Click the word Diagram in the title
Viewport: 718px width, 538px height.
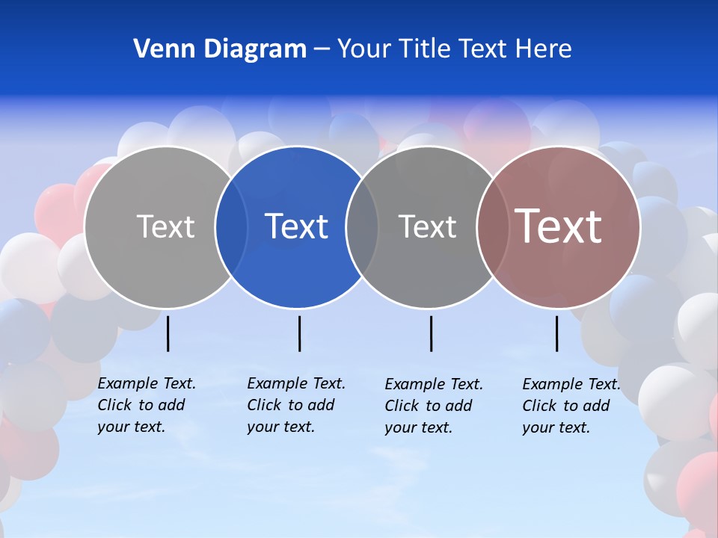pyautogui.click(x=254, y=49)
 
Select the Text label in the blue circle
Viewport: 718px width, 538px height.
pyautogui.click(x=296, y=226)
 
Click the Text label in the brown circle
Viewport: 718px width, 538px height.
pyautogui.click(x=559, y=226)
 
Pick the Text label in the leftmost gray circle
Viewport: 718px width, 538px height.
pyautogui.click(x=165, y=226)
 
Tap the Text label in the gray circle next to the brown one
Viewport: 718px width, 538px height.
pyautogui.click(x=427, y=226)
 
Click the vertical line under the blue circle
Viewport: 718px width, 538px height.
pyautogui.click(x=299, y=333)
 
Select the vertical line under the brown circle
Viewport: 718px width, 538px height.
pyautogui.click(x=557, y=333)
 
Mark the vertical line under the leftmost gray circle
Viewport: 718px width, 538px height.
pyautogui.click(x=168, y=333)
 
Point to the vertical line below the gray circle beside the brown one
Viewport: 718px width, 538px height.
pyautogui.click(x=432, y=333)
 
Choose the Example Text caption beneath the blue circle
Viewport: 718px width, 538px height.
pyautogui.click(x=295, y=405)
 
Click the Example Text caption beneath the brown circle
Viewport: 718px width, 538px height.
pyautogui.click(x=571, y=406)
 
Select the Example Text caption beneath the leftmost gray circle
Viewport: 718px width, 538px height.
pyautogui.click(x=146, y=405)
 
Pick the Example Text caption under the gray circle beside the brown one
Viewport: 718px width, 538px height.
pyautogui.click(x=433, y=406)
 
